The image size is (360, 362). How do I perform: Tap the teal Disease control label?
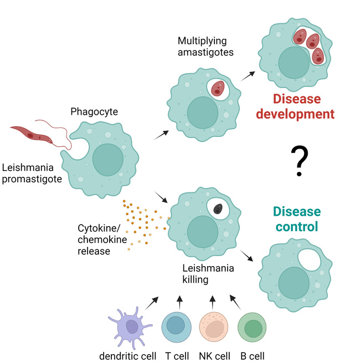[296, 219]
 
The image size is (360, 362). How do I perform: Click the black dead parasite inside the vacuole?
[219, 209]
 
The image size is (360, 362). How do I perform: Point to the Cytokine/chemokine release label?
[100, 239]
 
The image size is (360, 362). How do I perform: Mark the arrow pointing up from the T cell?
[179, 302]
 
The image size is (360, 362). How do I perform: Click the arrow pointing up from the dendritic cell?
[152, 303]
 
